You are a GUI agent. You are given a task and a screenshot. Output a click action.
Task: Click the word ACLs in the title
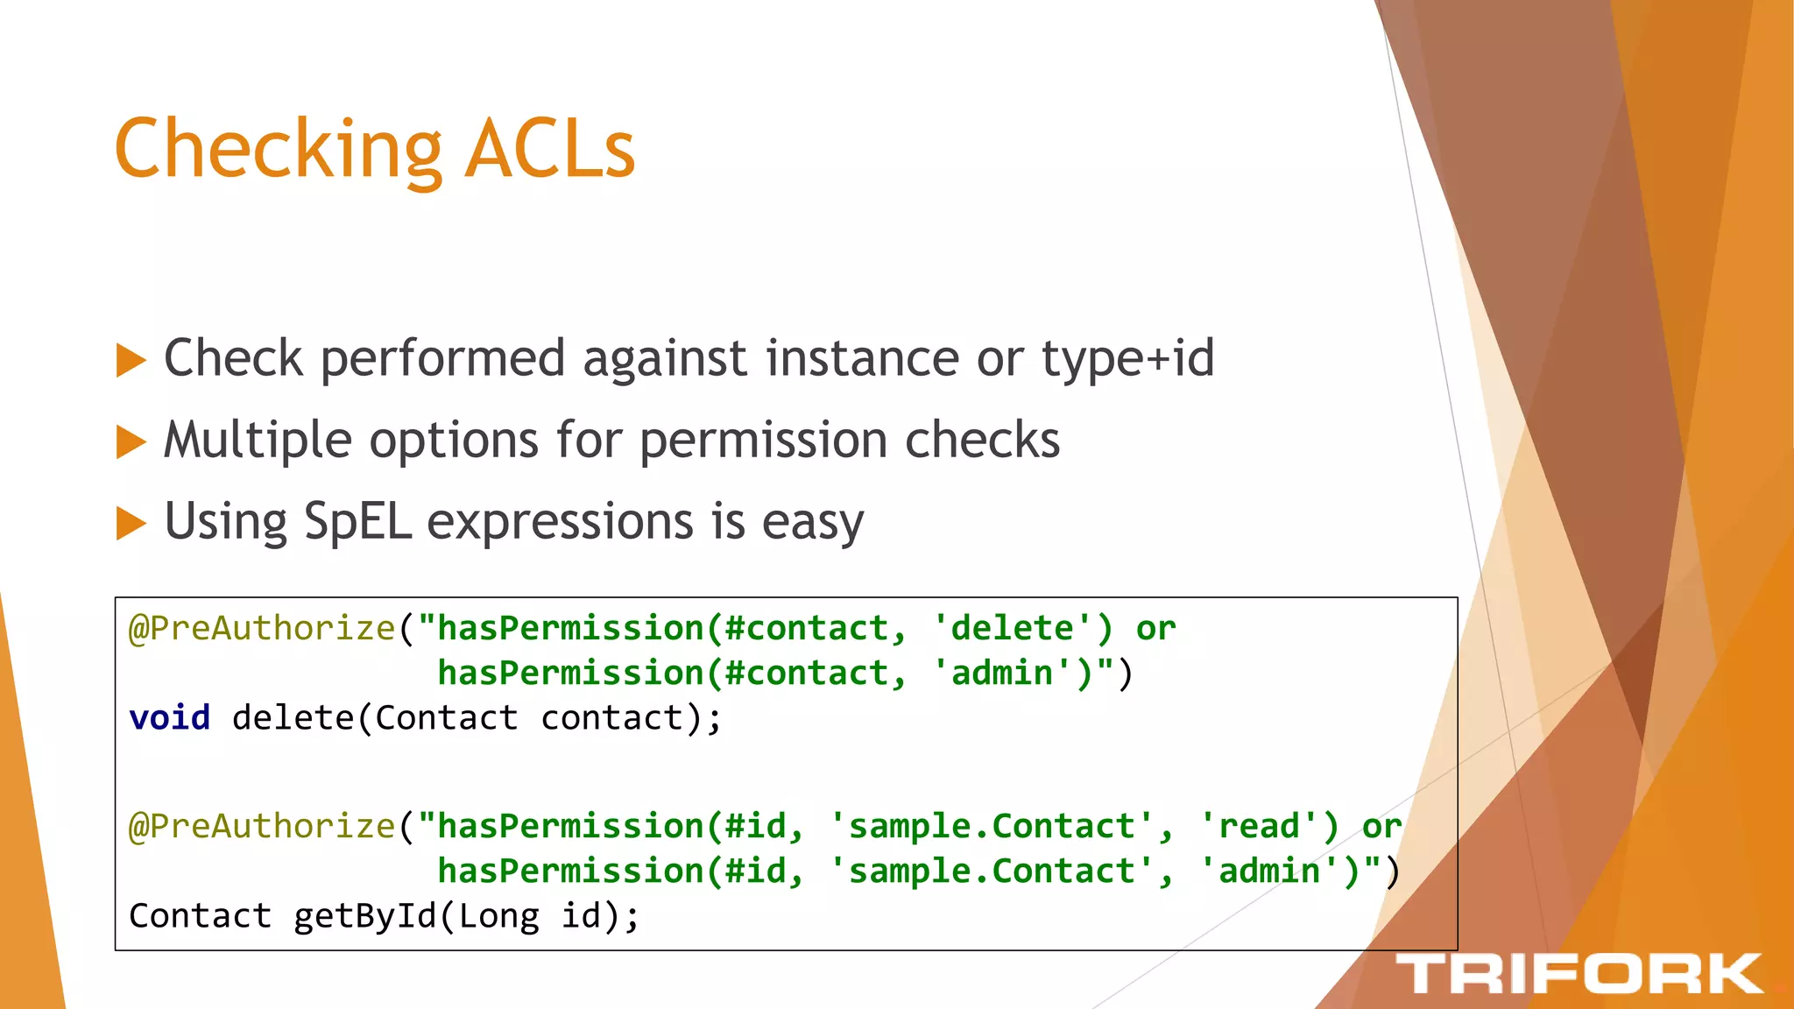pyautogui.click(x=550, y=149)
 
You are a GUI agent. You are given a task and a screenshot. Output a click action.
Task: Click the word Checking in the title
pyautogui.click(x=279, y=151)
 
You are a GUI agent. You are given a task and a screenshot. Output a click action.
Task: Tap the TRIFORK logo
pyautogui.click(x=1578, y=974)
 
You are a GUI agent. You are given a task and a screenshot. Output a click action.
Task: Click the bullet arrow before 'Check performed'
pyautogui.click(x=131, y=360)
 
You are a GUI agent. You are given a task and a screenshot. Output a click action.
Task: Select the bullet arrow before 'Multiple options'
pyautogui.click(x=131, y=441)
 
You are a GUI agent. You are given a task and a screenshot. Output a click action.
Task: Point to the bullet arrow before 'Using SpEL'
pyautogui.click(x=131, y=523)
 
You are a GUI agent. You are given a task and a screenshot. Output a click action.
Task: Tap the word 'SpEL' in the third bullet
pyautogui.click(x=357, y=522)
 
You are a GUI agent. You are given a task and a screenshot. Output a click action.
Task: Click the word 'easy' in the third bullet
pyautogui.click(x=812, y=523)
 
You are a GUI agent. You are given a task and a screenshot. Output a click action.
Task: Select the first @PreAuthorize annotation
pyautogui.click(x=262, y=628)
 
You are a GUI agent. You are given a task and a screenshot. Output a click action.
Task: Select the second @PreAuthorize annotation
pyautogui.click(x=262, y=826)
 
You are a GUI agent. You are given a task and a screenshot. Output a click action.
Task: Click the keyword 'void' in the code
pyautogui.click(x=169, y=718)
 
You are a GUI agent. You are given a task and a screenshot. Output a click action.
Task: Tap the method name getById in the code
pyautogui.click(x=364, y=916)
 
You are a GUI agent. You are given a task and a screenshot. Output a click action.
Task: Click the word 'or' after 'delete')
pyautogui.click(x=1155, y=628)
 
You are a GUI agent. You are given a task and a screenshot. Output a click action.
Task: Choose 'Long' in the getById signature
pyautogui.click(x=498, y=916)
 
